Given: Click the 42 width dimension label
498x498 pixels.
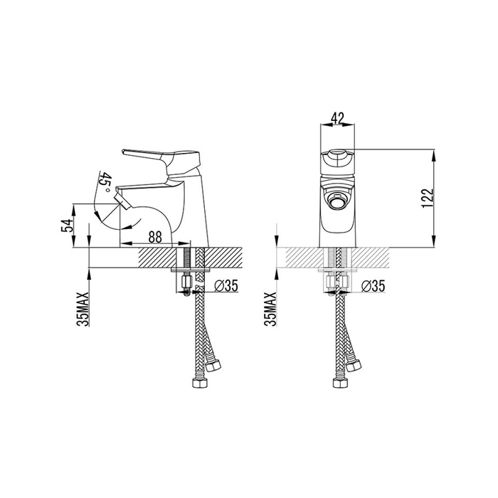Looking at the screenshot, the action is [x=337, y=118].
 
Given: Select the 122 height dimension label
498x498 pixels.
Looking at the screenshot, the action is [x=428, y=198].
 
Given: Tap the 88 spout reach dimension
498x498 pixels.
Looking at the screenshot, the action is [x=155, y=237].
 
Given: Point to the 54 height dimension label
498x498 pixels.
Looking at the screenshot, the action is [x=67, y=225].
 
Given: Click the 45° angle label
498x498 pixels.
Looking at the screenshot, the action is [x=105, y=182].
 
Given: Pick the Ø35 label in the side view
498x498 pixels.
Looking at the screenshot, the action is [x=226, y=286].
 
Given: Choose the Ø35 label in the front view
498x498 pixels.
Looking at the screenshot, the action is [x=373, y=286].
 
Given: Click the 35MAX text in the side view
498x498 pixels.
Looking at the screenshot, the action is [x=83, y=309].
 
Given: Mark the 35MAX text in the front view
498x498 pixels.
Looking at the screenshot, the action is [x=270, y=309].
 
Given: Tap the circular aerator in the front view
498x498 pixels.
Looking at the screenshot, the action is [x=337, y=201].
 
